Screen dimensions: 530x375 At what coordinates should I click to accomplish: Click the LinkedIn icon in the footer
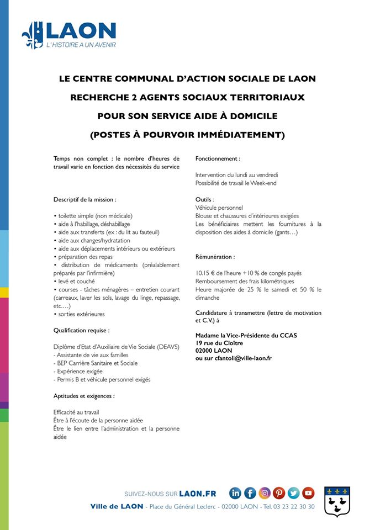[236, 493]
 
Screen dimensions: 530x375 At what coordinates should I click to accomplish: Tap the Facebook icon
[250, 493]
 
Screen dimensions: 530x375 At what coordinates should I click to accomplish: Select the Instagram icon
[265, 493]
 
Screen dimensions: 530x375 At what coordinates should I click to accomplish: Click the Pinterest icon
[279, 493]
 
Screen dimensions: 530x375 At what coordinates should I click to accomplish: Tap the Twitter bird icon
[293, 493]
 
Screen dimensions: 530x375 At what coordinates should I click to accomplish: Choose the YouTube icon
[308, 493]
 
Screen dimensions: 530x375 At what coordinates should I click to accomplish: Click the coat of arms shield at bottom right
[336, 501]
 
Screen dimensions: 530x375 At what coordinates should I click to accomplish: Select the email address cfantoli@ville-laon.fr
[239, 358]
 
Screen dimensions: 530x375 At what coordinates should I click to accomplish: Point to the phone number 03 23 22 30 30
[297, 506]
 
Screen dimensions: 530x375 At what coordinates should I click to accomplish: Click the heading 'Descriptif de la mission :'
[84, 199]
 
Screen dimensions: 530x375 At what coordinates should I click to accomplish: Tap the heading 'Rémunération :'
[215, 257]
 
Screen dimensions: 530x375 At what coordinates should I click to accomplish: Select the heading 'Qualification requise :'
[81, 330]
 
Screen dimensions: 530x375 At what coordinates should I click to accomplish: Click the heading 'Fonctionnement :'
[218, 159]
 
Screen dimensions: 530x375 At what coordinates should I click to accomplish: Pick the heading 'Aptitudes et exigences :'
[84, 396]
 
